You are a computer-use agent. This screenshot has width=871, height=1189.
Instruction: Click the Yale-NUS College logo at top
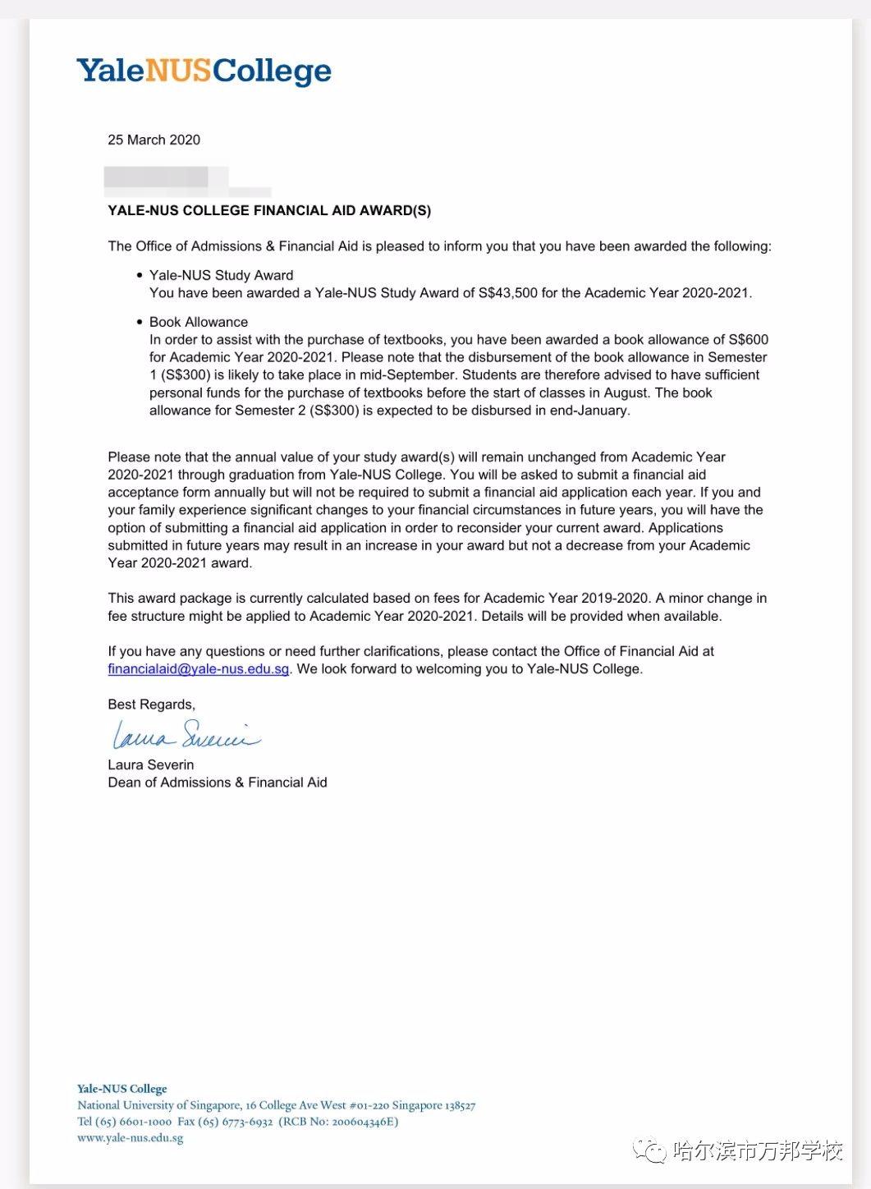(x=204, y=71)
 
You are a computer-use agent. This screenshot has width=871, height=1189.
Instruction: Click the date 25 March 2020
(x=154, y=140)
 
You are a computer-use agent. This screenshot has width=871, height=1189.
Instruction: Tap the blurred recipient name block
(x=164, y=177)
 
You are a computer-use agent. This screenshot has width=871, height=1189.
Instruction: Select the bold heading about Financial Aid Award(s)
(x=269, y=210)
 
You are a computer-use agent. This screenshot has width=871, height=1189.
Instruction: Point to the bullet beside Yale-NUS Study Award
(x=138, y=276)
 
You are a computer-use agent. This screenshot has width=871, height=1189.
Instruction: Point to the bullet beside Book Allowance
(x=138, y=323)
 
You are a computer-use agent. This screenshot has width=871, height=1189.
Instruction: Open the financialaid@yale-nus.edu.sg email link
(x=198, y=668)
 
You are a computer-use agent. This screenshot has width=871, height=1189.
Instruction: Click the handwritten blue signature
(x=185, y=735)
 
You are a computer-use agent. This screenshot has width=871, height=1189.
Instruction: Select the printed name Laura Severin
(x=151, y=764)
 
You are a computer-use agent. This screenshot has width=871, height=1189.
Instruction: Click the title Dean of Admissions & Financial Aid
(x=218, y=783)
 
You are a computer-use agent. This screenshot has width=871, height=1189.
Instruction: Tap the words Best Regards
(x=151, y=704)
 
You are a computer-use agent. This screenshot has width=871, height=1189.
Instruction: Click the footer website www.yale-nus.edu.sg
(x=130, y=1137)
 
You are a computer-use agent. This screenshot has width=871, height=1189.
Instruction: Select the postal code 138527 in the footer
(x=456, y=1105)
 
